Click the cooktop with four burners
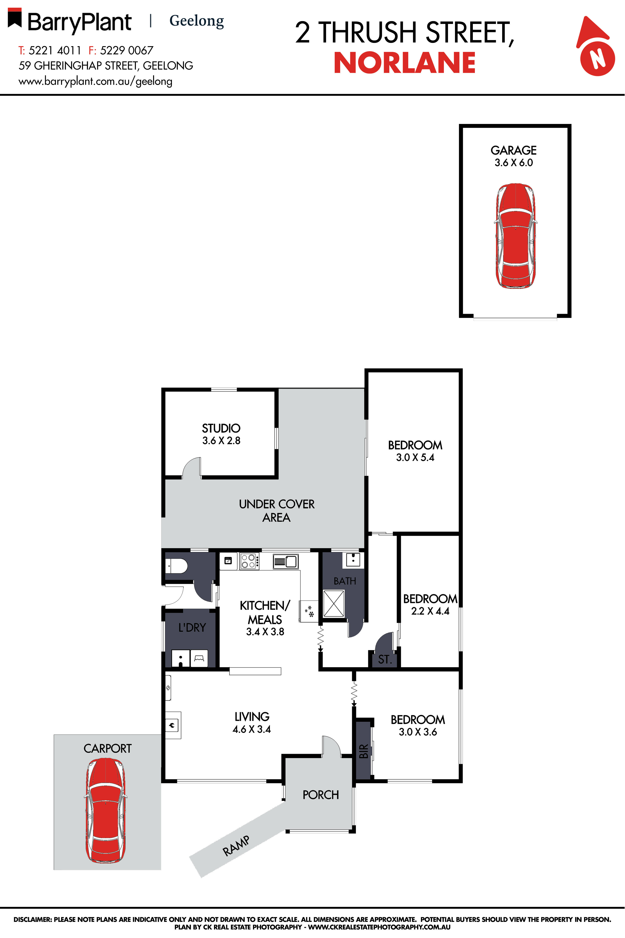coord(249,561)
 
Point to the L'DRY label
coord(192,628)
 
